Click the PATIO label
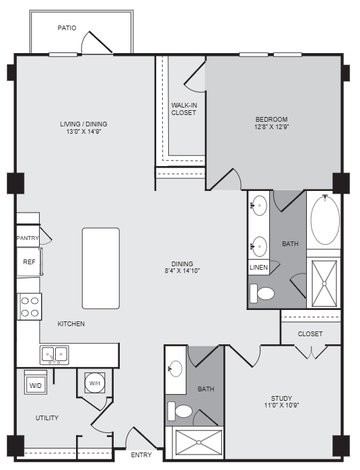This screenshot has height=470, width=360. (67, 28)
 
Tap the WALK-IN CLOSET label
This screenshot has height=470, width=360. (184, 109)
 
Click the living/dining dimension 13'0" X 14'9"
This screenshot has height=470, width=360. (84, 132)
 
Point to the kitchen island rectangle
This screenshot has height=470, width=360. (101, 268)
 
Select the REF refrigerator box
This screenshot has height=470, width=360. (29, 262)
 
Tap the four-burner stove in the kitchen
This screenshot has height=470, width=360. (30, 306)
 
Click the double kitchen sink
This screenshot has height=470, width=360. (54, 354)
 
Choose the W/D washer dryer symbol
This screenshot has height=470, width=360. (35, 385)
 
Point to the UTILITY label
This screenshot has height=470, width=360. (47, 418)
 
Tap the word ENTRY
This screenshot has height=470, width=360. (141, 455)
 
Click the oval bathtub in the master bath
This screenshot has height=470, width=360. (325, 220)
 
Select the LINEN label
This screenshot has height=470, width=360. (259, 268)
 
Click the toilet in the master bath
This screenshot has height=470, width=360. (262, 293)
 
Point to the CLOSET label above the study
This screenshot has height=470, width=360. (310, 334)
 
